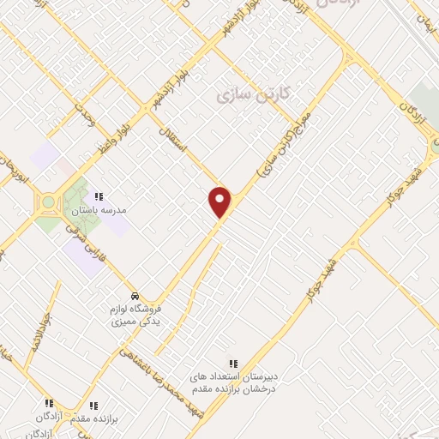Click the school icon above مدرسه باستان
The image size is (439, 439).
[99, 196]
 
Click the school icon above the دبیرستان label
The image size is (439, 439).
[232, 364]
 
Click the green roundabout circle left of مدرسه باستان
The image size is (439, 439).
[48, 202]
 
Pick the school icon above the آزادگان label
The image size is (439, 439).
[49, 402]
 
